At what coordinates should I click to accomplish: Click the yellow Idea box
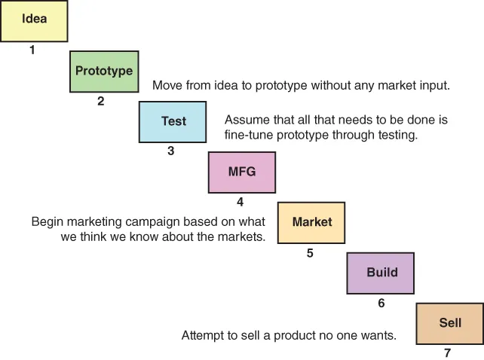tap(34, 20)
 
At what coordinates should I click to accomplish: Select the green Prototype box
tap(104, 72)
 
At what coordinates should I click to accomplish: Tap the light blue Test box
tap(173, 121)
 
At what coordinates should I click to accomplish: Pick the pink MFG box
tap(242, 172)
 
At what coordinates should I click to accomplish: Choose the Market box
tap(311, 222)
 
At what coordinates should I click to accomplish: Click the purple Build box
tap(381, 273)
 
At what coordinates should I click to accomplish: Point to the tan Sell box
tap(450, 323)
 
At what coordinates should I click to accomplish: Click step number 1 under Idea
tap(32, 50)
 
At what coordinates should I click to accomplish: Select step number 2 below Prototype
tap(101, 101)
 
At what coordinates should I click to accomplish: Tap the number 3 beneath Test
tap(171, 151)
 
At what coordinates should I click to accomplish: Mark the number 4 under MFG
tap(240, 202)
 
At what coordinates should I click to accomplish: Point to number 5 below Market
tap(310, 253)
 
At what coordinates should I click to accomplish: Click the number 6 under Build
tap(381, 304)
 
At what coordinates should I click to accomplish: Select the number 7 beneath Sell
tap(448, 352)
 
